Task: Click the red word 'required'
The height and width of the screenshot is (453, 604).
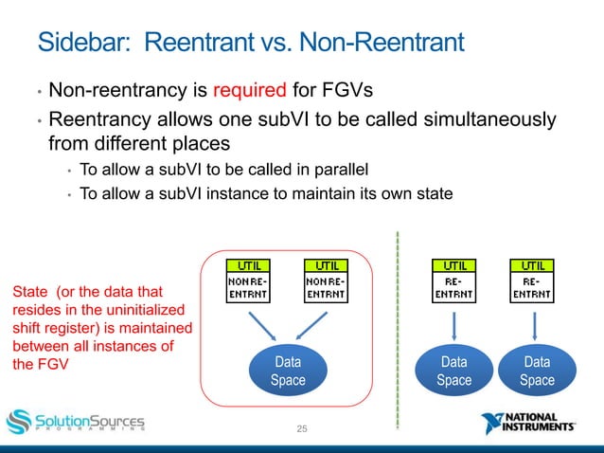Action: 249,92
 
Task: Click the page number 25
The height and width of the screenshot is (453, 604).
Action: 302,431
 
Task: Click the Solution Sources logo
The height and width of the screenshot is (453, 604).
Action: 76,421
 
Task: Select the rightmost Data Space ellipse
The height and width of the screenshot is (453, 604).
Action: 537,371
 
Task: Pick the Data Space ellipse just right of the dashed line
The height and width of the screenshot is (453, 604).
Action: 453,371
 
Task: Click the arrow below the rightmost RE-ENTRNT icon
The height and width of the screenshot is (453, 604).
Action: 535,326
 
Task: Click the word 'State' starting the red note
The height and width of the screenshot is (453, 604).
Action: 27,295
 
